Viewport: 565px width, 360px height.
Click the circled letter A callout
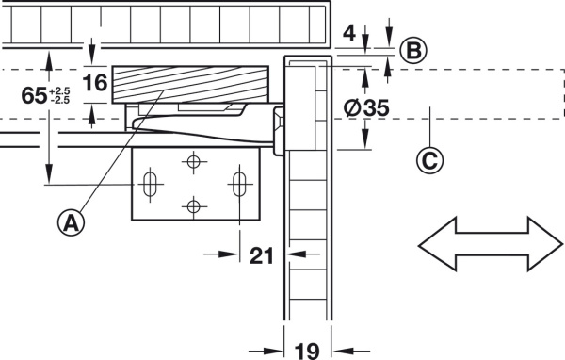point(71,222)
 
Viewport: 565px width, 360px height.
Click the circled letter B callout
point(413,51)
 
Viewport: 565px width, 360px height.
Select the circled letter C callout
point(430,160)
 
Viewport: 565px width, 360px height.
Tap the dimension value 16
point(95,83)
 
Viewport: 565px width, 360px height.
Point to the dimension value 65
point(34,95)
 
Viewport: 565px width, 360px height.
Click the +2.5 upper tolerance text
point(59,90)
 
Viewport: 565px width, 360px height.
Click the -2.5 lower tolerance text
point(60,100)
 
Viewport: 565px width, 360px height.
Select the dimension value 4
point(349,33)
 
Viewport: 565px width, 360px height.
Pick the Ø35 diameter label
point(366,107)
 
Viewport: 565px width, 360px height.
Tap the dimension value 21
point(262,255)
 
